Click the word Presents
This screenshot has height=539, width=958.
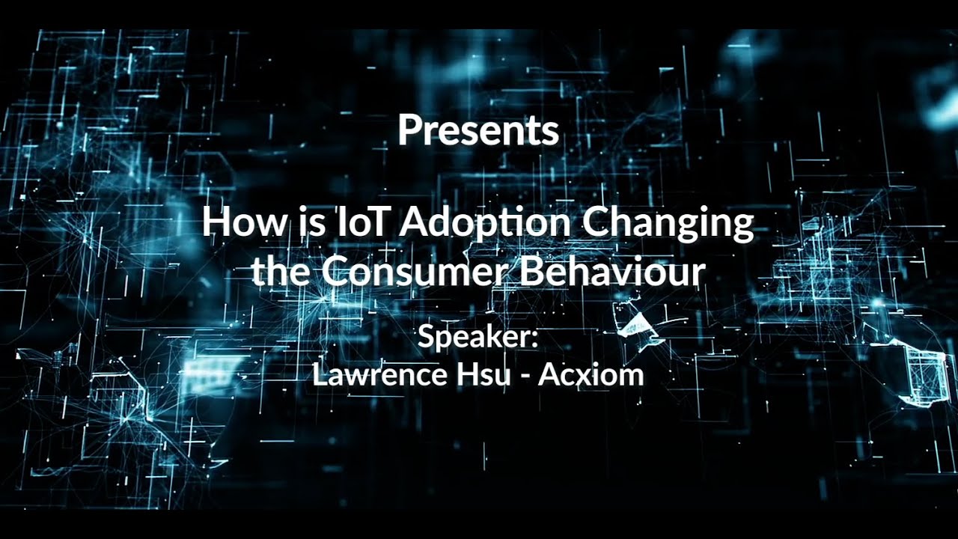(478, 130)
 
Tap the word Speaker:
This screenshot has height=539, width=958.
(478, 336)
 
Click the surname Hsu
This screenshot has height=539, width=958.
(472, 374)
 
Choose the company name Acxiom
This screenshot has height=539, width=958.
(591, 374)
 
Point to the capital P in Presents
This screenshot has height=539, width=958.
(408, 130)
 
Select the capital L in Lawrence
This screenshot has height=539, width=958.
(319, 374)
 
